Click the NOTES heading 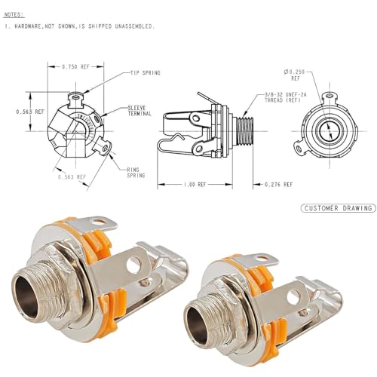[14, 14]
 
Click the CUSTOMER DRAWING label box [338, 207]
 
